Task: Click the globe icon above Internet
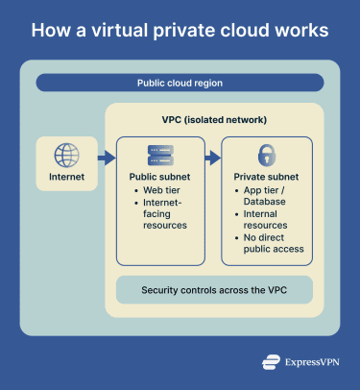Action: click(67, 155)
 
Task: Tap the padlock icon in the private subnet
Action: click(267, 155)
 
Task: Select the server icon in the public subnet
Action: click(160, 156)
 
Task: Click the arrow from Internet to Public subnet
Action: click(104, 157)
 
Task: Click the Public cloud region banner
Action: click(180, 83)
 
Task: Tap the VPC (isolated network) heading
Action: click(208, 119)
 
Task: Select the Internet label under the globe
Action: click(67, 178)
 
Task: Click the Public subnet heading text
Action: click(160, 178)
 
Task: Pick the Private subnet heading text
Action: click(267, 178)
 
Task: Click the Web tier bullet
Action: click(160, 192)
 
